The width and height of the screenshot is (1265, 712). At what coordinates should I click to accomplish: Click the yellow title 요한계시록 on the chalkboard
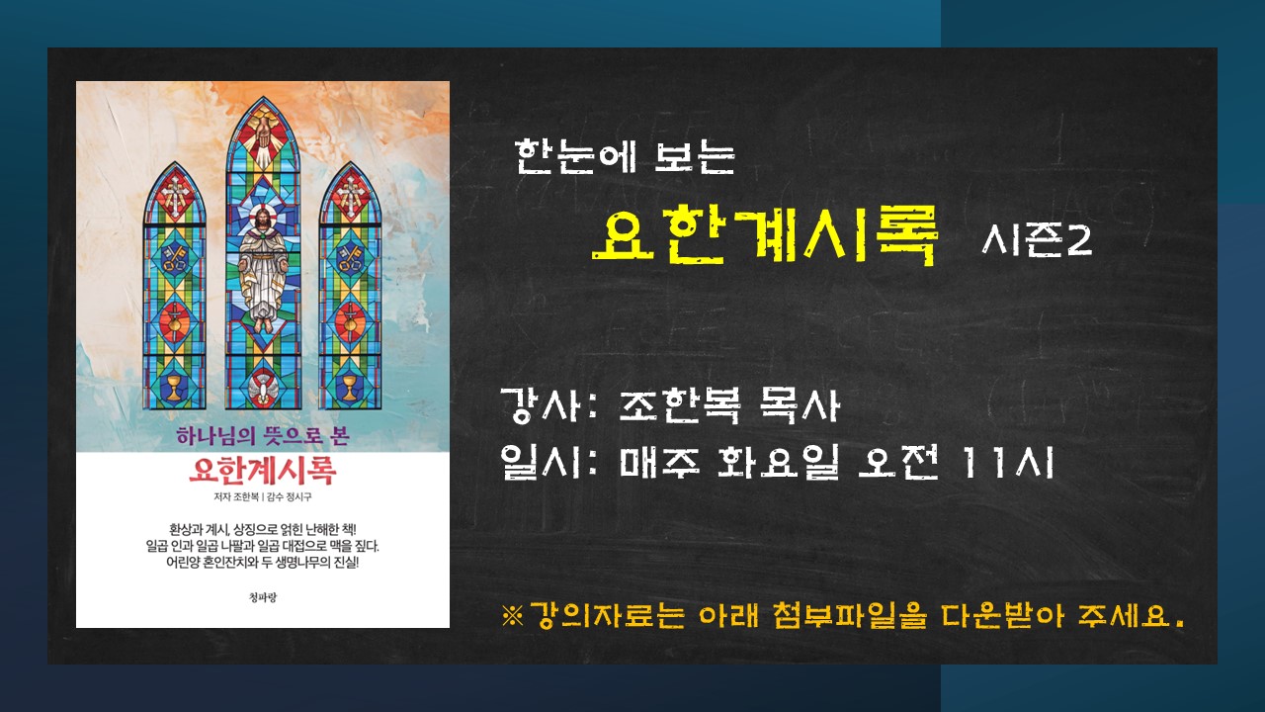point(764,234)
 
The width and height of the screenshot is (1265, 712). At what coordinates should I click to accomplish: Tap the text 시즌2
point(1037,240)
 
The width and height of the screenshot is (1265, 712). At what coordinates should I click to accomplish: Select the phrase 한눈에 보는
point(625,156)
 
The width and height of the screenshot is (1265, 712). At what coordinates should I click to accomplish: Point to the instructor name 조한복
point(679,405)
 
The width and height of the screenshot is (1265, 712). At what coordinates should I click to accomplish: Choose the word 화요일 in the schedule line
point(778,462)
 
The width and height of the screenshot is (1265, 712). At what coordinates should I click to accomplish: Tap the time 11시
point(1009,462)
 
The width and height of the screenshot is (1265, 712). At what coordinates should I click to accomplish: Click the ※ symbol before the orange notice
point(512,616)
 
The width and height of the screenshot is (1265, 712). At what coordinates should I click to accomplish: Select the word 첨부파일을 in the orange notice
point(849,616)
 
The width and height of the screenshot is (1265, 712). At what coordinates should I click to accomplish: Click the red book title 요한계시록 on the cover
point(263,470)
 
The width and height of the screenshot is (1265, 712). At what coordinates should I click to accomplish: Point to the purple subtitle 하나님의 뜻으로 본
point(263,436)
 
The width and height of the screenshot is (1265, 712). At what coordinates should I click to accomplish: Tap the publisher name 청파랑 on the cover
point(263,596)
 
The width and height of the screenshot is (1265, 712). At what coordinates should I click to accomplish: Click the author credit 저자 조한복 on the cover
point(236,497)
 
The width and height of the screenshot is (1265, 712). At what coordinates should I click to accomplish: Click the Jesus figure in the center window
point(263,268)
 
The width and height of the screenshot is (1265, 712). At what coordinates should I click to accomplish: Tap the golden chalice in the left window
point(175,389)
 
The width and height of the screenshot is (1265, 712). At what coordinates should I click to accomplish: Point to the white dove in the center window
point(263,389)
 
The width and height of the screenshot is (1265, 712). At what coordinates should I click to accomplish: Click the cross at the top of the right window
point(350,196)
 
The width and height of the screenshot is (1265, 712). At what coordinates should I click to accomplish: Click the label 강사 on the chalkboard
point(541,405)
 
